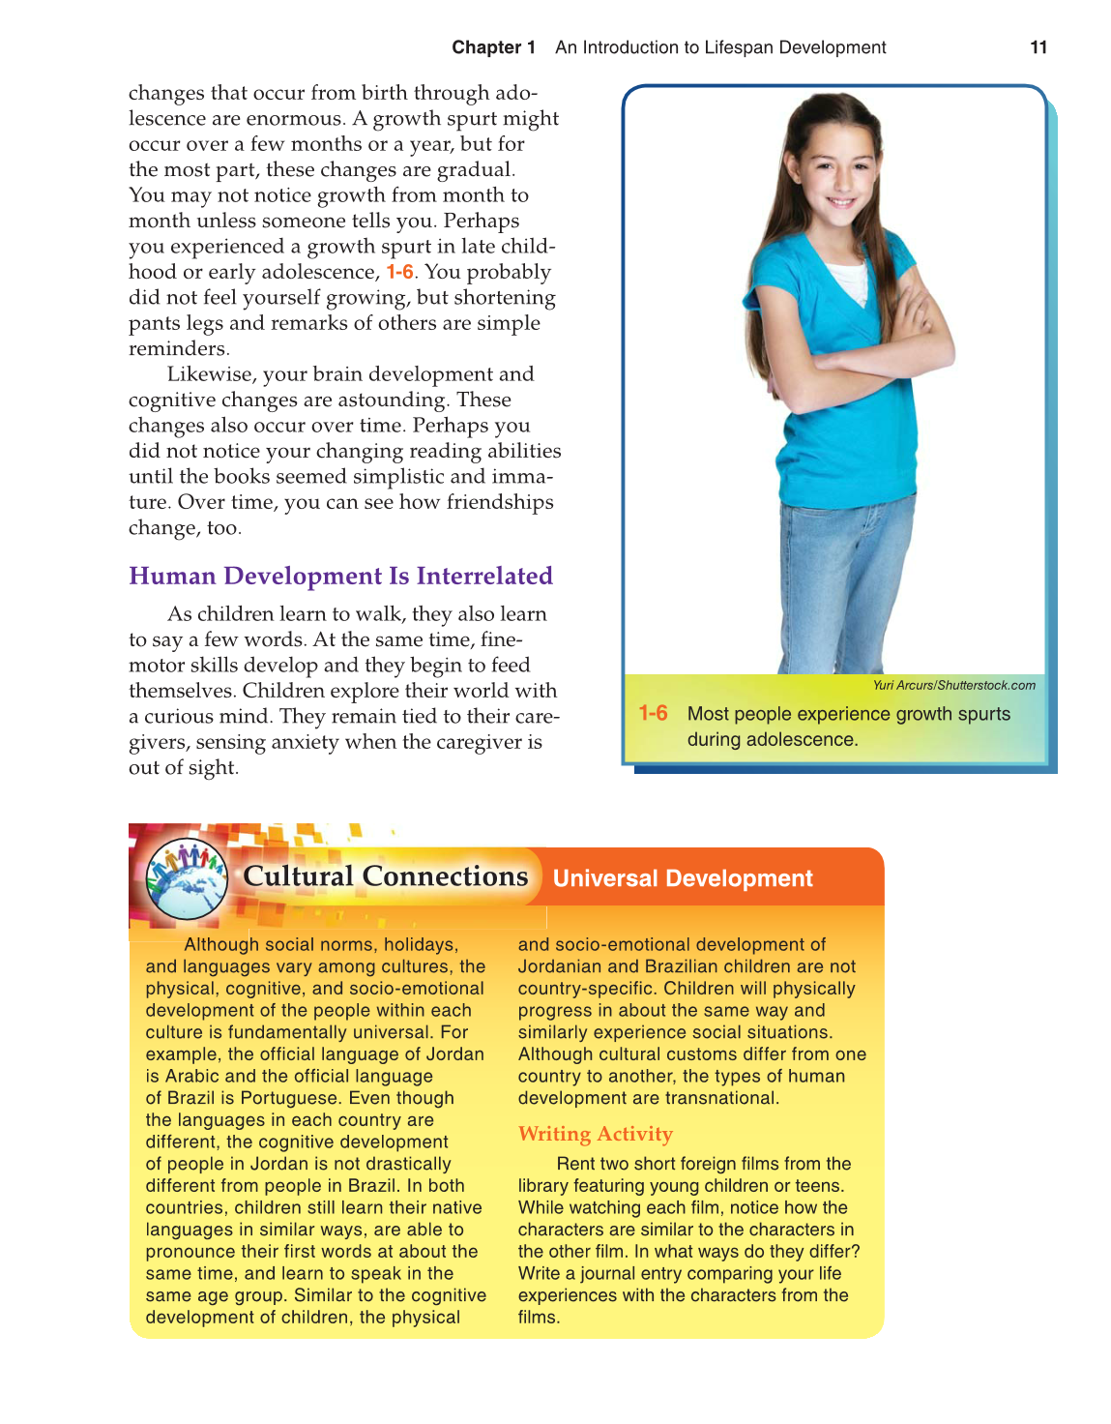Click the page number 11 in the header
pyautogui.click(x=1038, y=47)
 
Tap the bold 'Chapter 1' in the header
pyautogui.click(x=493, y=47)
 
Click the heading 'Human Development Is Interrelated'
pyautogui.click(x=340, y=576)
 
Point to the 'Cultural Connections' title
pyautogui.click(x=385, y=876)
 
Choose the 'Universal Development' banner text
pyautogui.click(x=683, y=878)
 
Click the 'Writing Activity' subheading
pyautogui.click(x=595, y=1134)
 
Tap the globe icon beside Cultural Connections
pyautogui.click(x=186, y=878)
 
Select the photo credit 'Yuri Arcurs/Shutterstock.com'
pyautogui.click(x=953, y=685)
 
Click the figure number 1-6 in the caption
pyautogui.click(x=653, y=714)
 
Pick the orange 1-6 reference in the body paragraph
pyautogui.click(x=399, y=272)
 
